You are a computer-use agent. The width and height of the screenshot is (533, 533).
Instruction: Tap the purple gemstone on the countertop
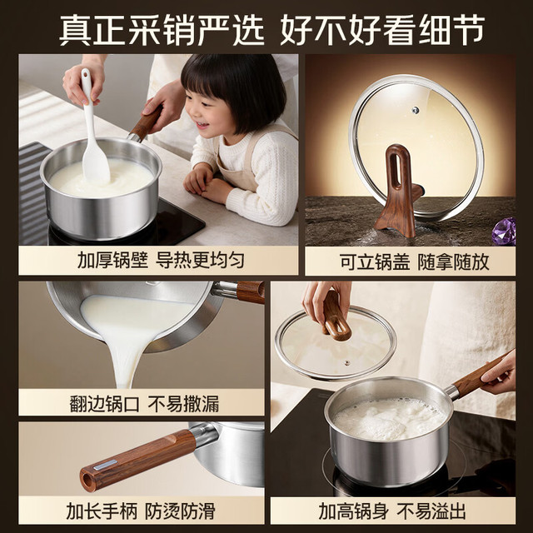(x=506, y=231)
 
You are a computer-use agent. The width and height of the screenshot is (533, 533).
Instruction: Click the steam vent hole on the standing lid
(x=415, y=110)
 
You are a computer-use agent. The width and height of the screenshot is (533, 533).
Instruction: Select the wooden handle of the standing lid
(x=397, y=191)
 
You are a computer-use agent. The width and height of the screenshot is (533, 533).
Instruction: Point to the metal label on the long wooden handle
(x=106, y=465)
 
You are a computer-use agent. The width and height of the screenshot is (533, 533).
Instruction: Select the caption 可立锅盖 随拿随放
(x=415, y=262)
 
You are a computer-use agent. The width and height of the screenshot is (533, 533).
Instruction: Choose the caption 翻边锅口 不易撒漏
(x=144, y=403)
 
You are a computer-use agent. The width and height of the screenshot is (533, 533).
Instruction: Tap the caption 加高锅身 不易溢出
(x=392, y=511)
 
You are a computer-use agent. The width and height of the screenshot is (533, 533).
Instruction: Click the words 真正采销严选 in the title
(x=162, y=30)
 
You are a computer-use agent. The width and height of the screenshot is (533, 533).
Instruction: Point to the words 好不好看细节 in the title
(x=382, y=30)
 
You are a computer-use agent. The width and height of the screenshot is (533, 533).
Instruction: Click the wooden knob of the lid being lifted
(x=335, y=316)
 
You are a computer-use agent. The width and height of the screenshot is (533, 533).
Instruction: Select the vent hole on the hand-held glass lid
(x=346, y=363)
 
